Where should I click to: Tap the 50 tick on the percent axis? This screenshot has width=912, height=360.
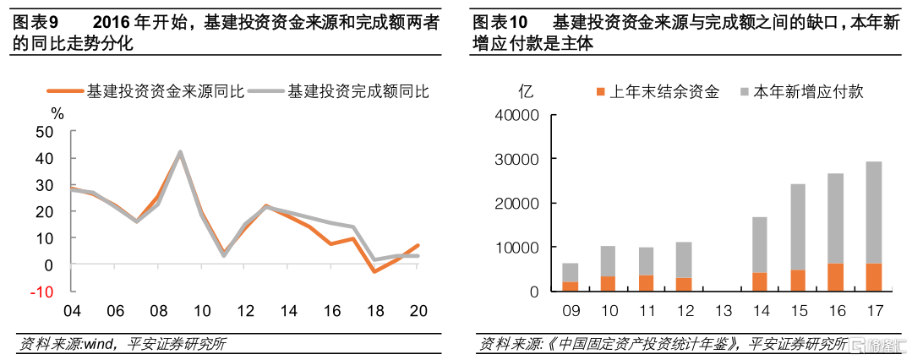coord(44,131)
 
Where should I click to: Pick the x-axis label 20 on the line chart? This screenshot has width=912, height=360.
coord(417,311)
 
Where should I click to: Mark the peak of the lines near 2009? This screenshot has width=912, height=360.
coord(180,153)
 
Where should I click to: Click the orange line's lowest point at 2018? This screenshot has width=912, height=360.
coord(374,271)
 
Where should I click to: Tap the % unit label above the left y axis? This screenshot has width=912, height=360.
coord(57,112)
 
